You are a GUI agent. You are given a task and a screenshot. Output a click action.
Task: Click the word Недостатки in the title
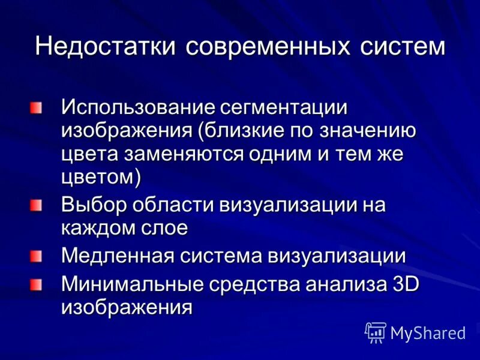(x=106, y=46)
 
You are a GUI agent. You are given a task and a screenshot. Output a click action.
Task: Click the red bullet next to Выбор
(x=38, y=205)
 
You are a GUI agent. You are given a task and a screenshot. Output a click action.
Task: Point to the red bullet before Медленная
(x=38, y=256)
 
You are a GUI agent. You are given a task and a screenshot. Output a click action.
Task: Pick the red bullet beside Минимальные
(x=38, y=283)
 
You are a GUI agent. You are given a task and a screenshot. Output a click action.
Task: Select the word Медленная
(x=114, y=256)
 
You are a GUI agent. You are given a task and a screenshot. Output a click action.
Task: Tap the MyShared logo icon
(x=376, y=332)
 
